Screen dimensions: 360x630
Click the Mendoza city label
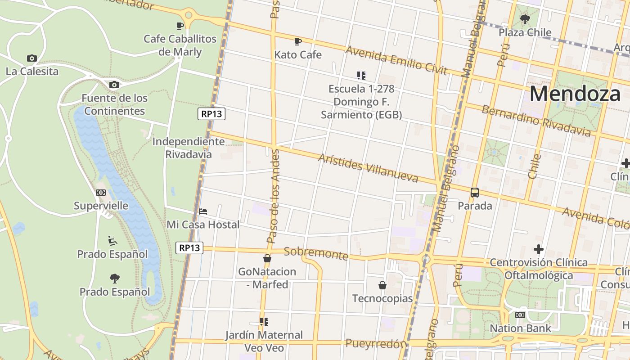(x=575, y=94)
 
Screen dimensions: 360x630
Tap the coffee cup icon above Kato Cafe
(x=297, y=41)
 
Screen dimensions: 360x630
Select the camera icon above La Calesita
(x=31, y=58)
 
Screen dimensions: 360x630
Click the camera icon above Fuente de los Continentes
(x=114, y=85)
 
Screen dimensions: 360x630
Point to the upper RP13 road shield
(x=211, y=114)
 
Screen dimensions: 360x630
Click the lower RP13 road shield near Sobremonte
(x=189, y=247)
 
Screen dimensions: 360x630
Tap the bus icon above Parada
(x=474, y=193)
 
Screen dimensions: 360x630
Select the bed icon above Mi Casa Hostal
(x=203, y=211)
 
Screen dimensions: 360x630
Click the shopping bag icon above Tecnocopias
(x=382, y=285)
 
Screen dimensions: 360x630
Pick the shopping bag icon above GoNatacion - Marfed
(x=267, y=258)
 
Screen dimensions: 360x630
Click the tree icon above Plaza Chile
(x=525, y=19)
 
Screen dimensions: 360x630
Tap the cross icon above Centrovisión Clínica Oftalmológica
(x=538, y=249)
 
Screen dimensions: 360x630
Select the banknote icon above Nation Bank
(x=520, y=315)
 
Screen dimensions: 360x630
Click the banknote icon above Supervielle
(x=101, y=193)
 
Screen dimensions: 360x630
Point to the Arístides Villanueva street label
(x=368, y=168)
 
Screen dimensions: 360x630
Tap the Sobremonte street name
(x=316, y=253)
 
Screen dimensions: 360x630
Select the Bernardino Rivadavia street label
(x=535, y=120)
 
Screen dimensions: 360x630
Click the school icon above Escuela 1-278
(x=361, y=76)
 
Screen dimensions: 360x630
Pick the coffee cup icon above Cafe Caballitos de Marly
(x=180, y=26)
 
